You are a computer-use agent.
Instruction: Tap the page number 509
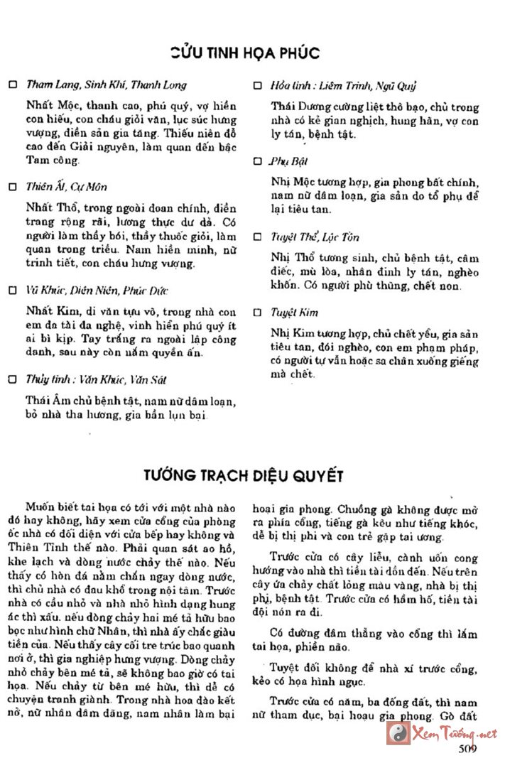[x=467, y=748]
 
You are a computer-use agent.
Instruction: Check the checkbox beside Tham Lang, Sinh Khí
[x=12, y=85]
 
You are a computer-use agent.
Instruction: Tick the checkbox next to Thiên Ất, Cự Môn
[x=12, y=188]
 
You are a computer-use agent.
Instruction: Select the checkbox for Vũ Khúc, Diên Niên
[x=12, y=291]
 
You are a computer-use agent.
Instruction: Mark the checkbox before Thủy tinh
[x=12, y=379]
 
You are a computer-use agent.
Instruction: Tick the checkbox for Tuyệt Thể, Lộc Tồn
[x=258, y=237]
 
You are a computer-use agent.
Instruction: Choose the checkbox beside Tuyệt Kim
[x=258, y=312]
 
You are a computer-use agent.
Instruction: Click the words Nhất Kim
[x=45, y=311]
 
